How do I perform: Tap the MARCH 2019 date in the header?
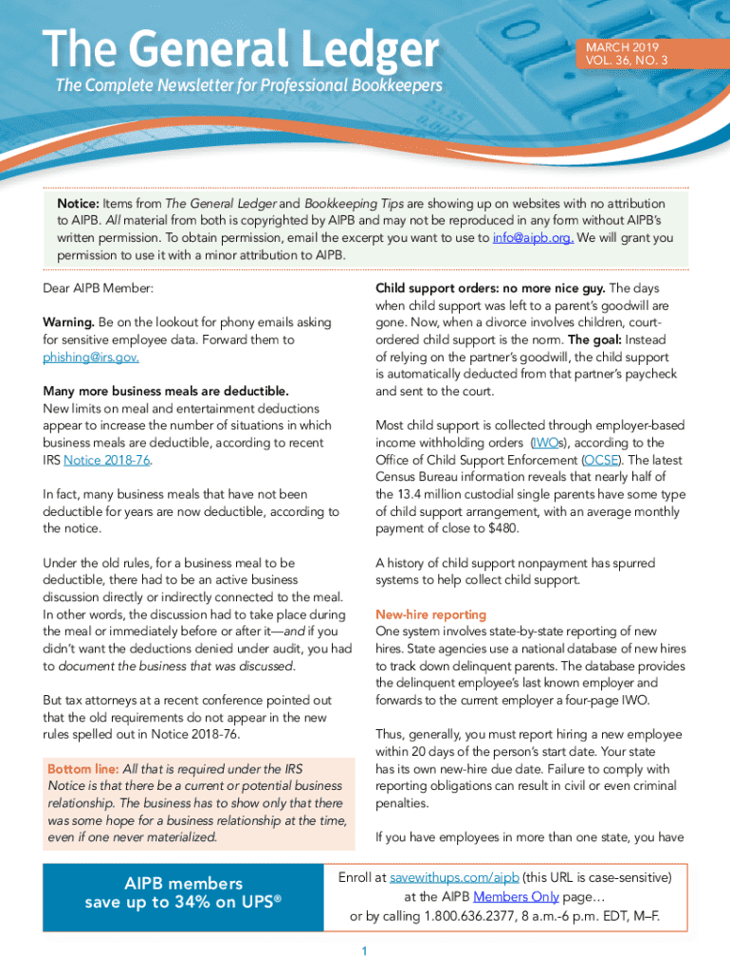622,46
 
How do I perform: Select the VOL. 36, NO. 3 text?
627,61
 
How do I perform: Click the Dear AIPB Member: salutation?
98,287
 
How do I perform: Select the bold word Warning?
68,322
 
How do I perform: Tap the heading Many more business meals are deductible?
165,391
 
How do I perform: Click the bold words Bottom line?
82,769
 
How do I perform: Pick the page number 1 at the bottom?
364,951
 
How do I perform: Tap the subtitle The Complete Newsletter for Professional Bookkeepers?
248,86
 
